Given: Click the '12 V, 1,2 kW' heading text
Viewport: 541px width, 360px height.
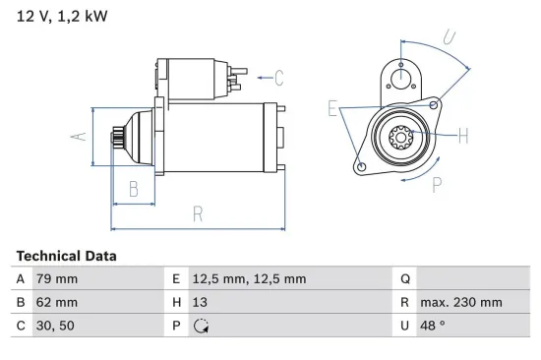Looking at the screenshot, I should click(60, 17).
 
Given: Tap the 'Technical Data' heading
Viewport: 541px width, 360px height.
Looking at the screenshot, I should click(66, 256).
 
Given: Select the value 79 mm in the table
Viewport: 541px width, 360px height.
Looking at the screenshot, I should click(57, 279).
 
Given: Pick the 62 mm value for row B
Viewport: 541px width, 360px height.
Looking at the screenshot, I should click(57, 303).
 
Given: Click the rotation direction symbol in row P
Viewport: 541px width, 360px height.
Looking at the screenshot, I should click(203, 327).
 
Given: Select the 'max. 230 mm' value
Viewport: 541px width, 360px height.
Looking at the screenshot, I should click(460, 303).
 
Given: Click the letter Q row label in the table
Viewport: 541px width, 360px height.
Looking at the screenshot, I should click(404, 279).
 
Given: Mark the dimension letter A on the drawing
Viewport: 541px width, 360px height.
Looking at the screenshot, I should click(84, 137).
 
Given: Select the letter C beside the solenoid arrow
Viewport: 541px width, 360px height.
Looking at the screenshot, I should click(278, 77).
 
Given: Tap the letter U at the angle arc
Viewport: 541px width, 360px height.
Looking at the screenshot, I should click(450, 38).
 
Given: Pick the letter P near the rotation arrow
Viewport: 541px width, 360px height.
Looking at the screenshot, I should click(436, 183).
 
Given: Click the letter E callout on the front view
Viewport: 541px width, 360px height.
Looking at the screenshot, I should click(333, 109).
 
